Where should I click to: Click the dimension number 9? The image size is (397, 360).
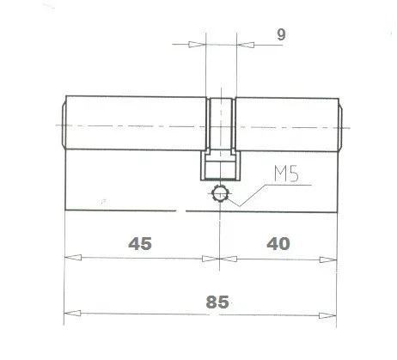(283, 34)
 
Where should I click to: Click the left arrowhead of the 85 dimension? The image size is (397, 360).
(72, 313)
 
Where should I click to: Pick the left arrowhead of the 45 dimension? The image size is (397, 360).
(72, 256)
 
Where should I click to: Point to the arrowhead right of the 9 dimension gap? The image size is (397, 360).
(241, 46)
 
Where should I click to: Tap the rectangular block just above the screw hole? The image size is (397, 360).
(221, 168)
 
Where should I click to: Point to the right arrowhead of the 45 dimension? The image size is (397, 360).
(212, 256)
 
